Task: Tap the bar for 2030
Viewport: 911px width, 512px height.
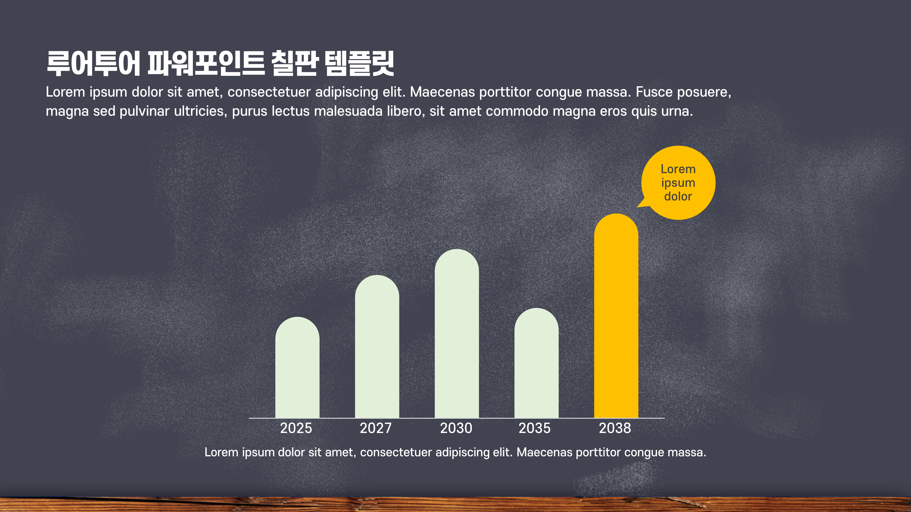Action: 457,334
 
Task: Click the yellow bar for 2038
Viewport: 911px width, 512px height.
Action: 616,316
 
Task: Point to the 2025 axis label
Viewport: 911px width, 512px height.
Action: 296,428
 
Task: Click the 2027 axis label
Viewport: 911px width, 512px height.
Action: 376,428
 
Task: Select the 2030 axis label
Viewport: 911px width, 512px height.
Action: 456,428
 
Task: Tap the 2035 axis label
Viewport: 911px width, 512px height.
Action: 534,428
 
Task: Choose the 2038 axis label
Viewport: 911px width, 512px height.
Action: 615,428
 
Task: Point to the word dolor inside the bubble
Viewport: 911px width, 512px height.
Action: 678,196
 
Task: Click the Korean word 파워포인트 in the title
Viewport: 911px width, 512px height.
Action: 206,64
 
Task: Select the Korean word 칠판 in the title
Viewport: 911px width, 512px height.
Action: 294,64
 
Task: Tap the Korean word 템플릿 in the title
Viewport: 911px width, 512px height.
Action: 359,64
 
